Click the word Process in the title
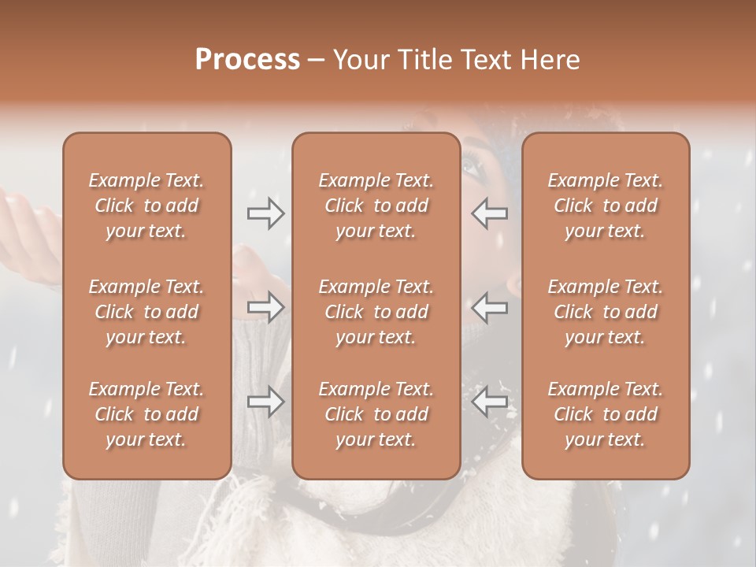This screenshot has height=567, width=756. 247,60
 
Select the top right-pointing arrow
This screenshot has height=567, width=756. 265,213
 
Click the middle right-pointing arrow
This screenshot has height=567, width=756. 265,307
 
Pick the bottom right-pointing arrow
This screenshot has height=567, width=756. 265,402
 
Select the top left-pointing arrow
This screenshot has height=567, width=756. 490,213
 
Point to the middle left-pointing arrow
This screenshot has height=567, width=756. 490,307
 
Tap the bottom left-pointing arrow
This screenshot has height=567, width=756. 490,402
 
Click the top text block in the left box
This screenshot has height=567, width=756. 146,206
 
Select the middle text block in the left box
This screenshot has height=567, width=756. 146,312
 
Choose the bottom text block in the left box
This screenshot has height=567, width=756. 146,414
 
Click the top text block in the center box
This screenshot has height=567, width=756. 376,206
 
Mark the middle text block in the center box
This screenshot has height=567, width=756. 376,312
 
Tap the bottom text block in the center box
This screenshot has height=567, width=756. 376,414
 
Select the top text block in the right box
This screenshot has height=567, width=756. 606,206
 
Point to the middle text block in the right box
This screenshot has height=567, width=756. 606,312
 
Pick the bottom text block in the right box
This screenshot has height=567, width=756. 606,414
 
